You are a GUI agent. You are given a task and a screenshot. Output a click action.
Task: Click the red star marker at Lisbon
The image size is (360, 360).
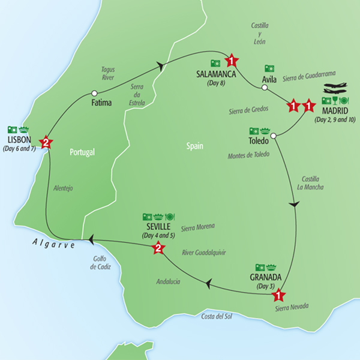click(x=46, y=142)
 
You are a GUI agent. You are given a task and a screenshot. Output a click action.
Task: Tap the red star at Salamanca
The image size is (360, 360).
click(x=232, y=61)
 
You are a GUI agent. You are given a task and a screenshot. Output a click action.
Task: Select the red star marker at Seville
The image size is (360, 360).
click(x=158, y=247)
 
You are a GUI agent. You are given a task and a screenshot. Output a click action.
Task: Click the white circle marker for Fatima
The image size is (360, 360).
click(x=94, y=93)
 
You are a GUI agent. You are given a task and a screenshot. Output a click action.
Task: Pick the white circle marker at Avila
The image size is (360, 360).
click(x=263, y=88)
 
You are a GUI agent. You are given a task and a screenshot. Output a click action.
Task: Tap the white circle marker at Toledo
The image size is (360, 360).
click(x=273, y=136)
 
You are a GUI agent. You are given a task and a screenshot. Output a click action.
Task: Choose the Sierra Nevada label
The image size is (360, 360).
click(x=292, y=307)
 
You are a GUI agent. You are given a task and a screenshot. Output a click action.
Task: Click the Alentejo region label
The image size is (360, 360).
click(x=63, y=188)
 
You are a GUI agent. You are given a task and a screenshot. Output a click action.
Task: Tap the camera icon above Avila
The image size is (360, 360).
click(x=270, y=68)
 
